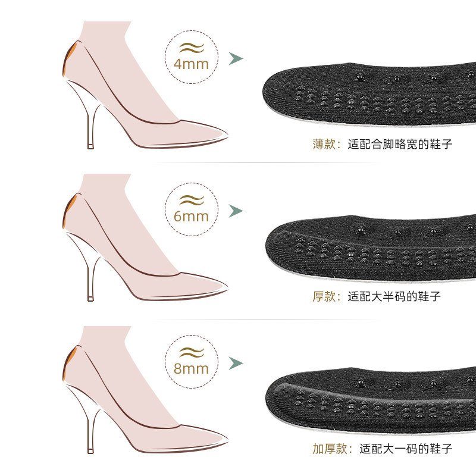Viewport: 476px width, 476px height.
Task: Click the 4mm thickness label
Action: click(191, 62)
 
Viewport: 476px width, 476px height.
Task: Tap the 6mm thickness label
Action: click(191, 215)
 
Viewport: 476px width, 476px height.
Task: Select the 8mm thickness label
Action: click(191, 367)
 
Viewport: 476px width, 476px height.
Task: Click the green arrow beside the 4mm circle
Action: click(236, 58)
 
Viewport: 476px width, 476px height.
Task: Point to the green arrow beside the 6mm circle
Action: click(236, 211)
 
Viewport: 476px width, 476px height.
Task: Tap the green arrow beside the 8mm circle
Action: click(236, 363)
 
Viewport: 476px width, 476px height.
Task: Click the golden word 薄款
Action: click(325, 143)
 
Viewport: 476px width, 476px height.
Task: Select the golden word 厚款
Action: click(325, 296)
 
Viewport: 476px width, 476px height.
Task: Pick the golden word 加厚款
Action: click(331, 448)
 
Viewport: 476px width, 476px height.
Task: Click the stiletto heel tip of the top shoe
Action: click(90, 146)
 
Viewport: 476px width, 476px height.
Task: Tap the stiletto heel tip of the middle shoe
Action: click(90, 297)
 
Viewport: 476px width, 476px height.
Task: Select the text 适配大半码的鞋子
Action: click(394, 296)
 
